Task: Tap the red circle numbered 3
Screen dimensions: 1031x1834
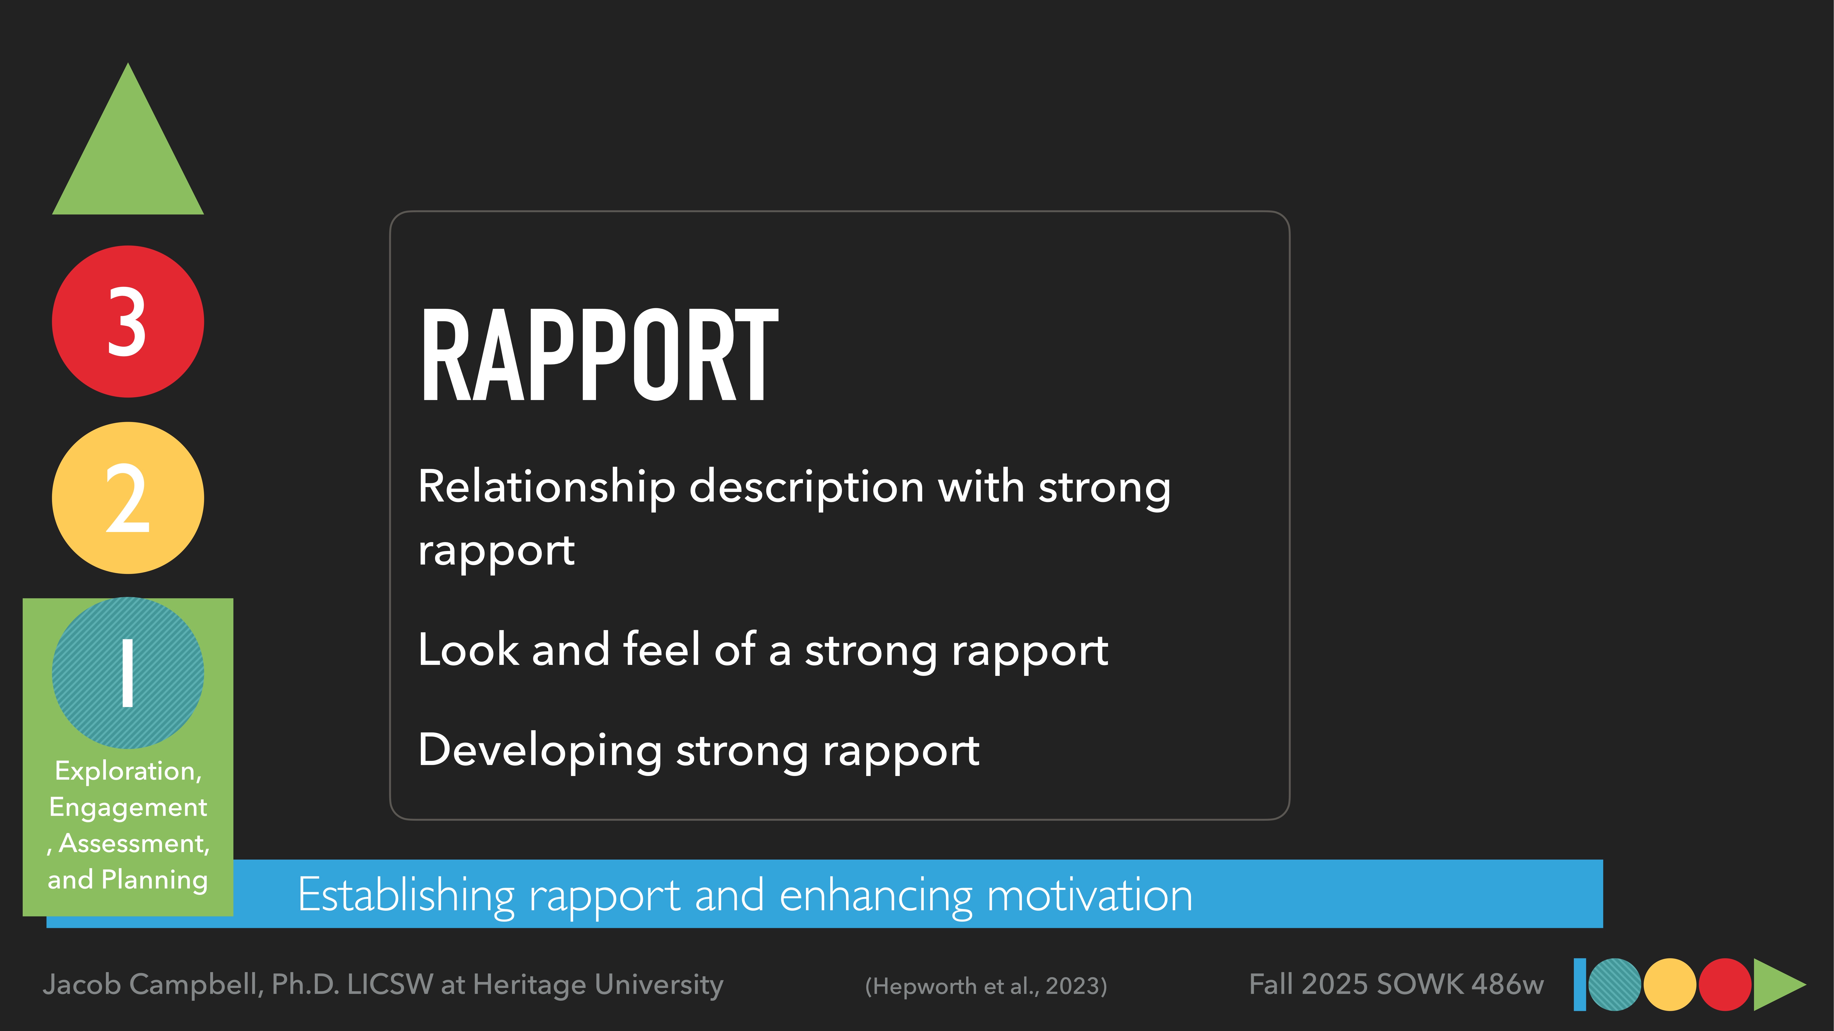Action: (x=128, y=322)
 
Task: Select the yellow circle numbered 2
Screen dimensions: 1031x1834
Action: (x=128, y=498)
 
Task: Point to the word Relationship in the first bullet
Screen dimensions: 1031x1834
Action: (x=546, y=487)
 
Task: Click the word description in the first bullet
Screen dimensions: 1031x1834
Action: (x=807, y=487)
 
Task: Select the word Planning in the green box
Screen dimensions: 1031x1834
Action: (x=154, y=880)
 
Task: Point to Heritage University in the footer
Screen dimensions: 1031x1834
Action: (x=598, y=985)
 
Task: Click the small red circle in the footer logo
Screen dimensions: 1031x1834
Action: (x=1724, y=985)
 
